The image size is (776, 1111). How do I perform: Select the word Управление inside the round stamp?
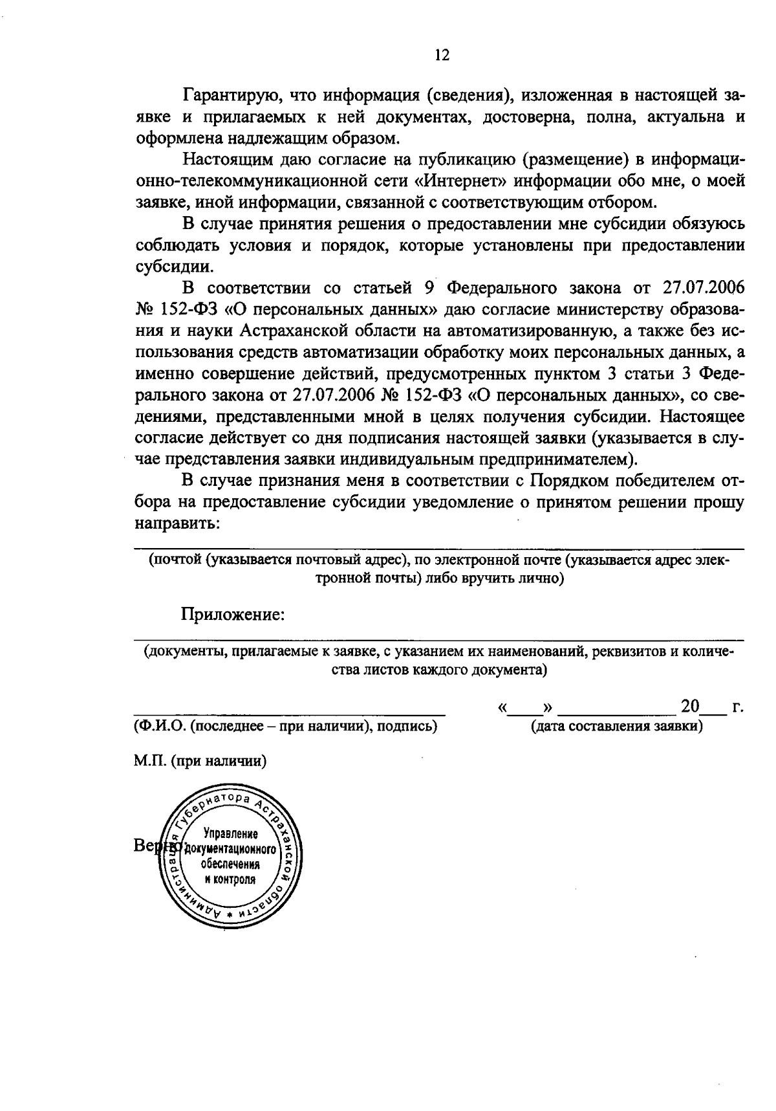tap(231, 833)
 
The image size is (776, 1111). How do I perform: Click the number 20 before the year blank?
tap(691, 706)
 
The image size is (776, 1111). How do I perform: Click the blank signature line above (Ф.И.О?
tap(290, 714)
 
